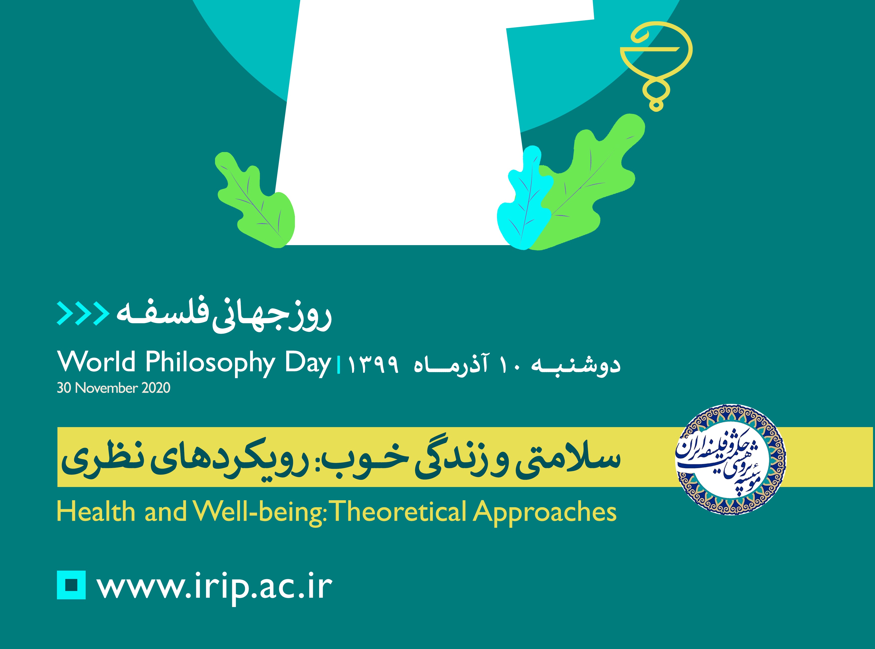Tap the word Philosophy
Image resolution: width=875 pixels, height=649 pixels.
(210, 363)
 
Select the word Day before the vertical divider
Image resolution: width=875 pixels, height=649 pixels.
(308, 363)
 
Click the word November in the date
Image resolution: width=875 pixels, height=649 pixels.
(106, 388)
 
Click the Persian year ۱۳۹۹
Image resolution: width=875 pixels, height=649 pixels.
(373, 365)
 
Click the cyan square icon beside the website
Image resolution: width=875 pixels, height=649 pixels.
(71, 585)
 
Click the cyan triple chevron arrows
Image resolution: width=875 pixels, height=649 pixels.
(83, 313)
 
